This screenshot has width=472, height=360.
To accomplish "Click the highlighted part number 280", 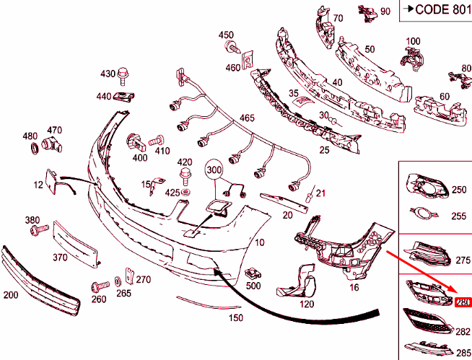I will (x=463, y=302).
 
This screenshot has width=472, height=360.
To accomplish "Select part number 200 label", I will (x=12, y=294).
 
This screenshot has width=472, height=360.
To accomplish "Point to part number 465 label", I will (x=247, y=118).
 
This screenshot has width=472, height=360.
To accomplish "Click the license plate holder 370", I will (x=76, y=242).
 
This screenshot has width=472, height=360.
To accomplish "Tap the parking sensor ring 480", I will (x=32, y=149).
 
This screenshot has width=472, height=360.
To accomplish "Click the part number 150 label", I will (x=235, y=317).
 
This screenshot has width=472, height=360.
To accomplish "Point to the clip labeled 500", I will (x=253, y=274).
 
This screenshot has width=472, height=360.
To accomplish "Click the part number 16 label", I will (x=354, y=287).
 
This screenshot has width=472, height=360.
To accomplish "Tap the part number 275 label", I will (x=462, y=259).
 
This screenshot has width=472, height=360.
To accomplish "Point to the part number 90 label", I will (x=385, y=12).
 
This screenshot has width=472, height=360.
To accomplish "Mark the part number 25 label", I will (x=324, y=149).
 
